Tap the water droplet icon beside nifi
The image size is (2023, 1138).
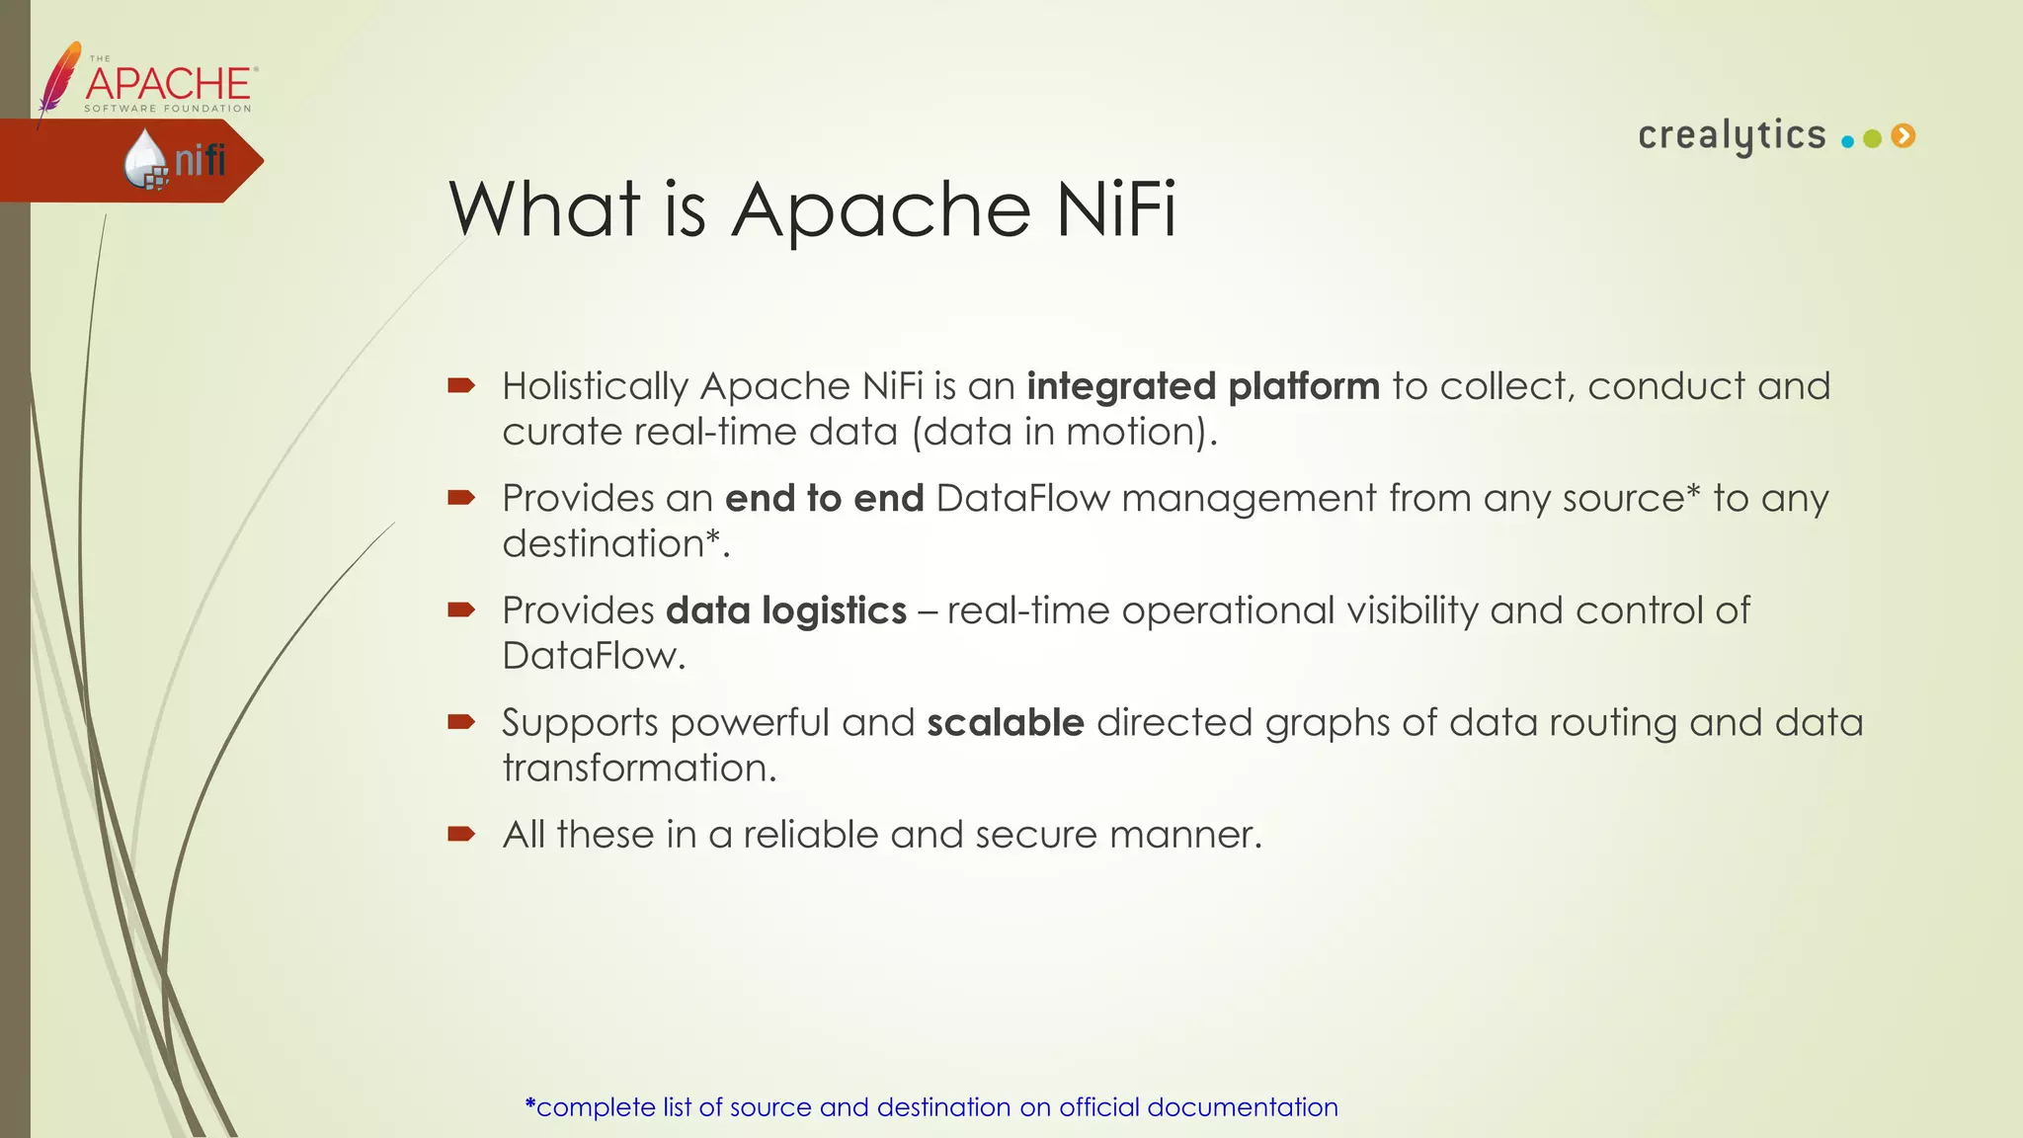(145, 159)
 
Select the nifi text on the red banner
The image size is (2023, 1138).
(201, 160)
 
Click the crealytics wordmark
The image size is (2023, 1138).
(1732, 135)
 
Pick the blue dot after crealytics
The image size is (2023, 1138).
(1847, 141)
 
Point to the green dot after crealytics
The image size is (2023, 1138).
(1872, 139)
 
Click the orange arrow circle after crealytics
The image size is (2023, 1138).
(1903, 136)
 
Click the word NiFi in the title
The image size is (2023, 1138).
(1115, 209)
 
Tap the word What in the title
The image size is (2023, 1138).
(544, 209)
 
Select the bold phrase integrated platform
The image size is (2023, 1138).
(1202, 386)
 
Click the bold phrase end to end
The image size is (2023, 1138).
(824, 499)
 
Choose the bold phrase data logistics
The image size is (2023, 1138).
(786, 611)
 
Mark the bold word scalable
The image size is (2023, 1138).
(1005, 723)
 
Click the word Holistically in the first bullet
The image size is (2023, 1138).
(595, 386)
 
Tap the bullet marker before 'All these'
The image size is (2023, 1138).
(461, 835)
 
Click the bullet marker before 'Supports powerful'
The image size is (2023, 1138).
(461, 723)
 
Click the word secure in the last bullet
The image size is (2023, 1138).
(1036, 836)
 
